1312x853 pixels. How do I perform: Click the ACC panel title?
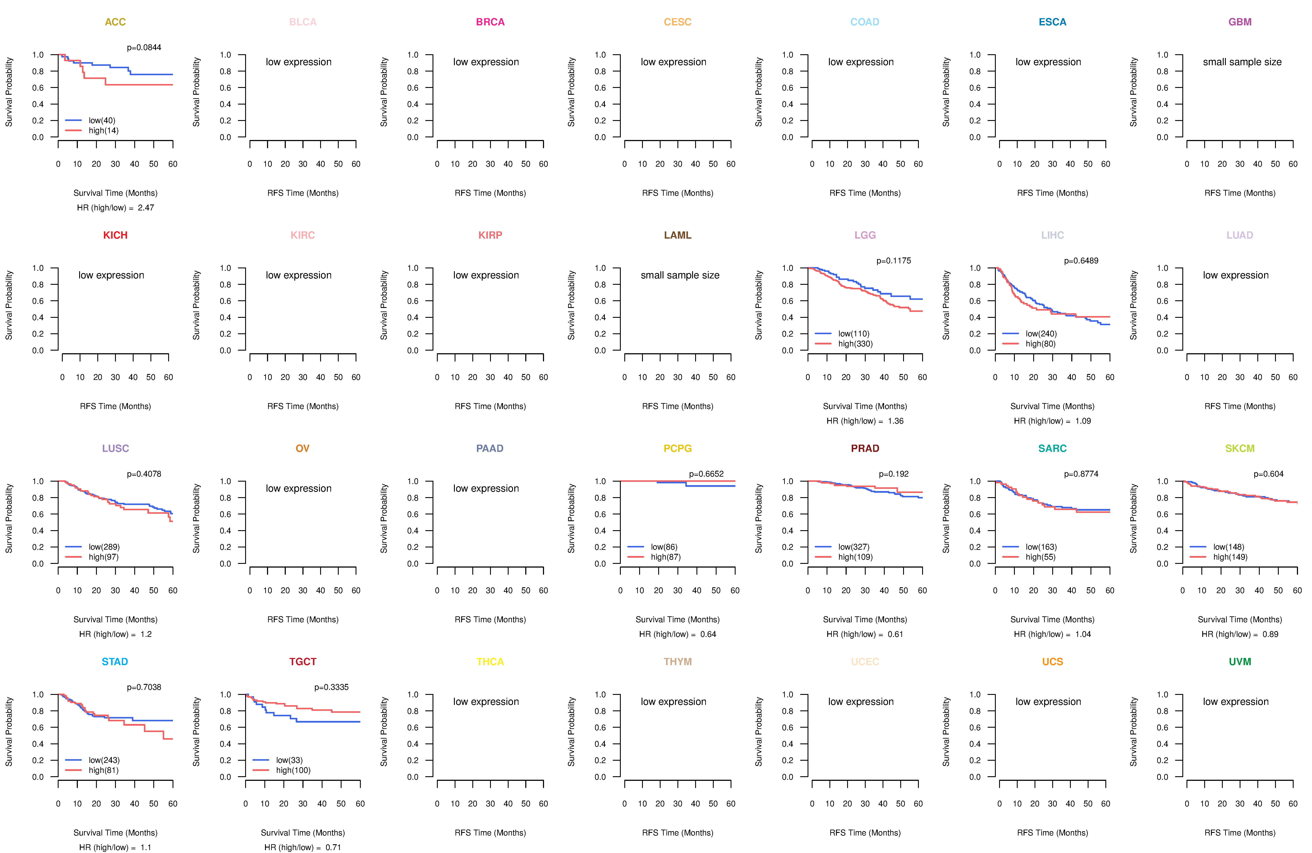[x=115, y=22]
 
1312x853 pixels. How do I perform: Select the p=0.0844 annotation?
[x=144, y=47]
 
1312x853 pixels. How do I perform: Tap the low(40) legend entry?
[x=102, y=120]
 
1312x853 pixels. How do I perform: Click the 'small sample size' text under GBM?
[x=1242, y=62]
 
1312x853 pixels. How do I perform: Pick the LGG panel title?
[x=865, y=235]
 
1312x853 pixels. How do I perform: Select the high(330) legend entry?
[x=856, y=344]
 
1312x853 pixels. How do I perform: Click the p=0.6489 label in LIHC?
[x=1081, y=261]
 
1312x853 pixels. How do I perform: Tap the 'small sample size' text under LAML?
[x=680, y=275]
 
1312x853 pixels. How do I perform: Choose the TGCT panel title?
[x=303, y=662]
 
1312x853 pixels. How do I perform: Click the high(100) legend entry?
[x=293, y=770]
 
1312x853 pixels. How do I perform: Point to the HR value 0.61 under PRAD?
[x=895, y=634]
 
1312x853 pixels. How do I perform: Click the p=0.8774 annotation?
[x=1081, y=474]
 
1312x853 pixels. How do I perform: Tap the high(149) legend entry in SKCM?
[x=1230, y=557]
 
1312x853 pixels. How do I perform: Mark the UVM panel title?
[x=1240, y=662]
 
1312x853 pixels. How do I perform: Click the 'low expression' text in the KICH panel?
[x=111, y=275]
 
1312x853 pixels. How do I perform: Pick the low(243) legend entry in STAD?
[x=104, y=760]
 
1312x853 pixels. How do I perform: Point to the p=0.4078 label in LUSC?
[x=144, y=474]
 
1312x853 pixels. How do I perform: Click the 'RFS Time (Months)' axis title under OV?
[x=303, y=620]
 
